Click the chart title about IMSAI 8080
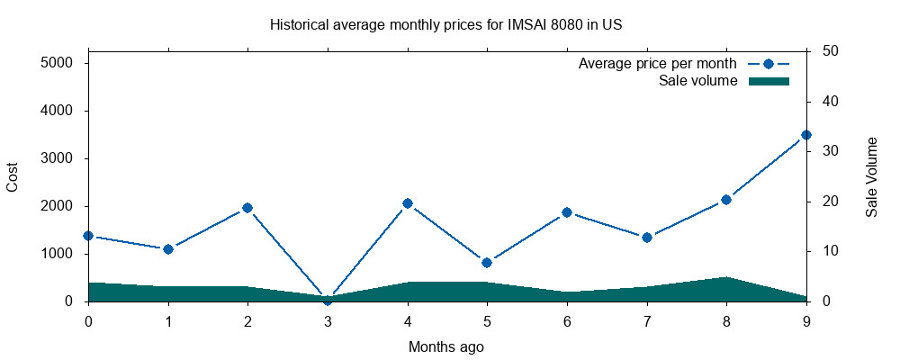pyautogui.click(x=446, y=25)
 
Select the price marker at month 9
pyautogui.click(x=806, y=135)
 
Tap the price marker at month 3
pyautogui.click(x=328, y=300)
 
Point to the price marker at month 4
pyautogui.click(x=408, y=203)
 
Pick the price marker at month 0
pyautogui.click(x=88, y=236)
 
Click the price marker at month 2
pyautogui.click(x=247, y=208)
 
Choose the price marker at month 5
pyautogui.click(x=487, y=263)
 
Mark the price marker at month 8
pyautogui.click(x=726, y=200)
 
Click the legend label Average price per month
pyautogui.click(x=658, y=64)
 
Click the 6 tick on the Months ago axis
pyautogui.click(x=567, y=320)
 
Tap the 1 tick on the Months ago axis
pyautogui.click(x=168, y=320)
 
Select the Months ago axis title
pyautogui.click(x=446, y=346)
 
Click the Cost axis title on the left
pyautogui.click(x=13, y=176)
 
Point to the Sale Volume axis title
pyautogui.click(x=872, y=176)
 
